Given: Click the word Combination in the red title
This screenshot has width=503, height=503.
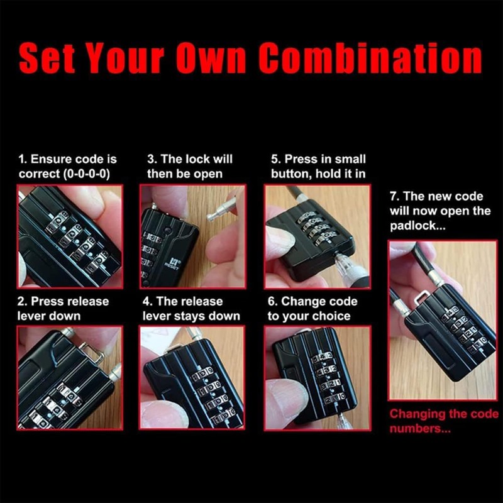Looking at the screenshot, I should point(370,58).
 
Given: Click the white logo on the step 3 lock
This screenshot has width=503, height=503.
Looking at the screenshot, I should point(173,260).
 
